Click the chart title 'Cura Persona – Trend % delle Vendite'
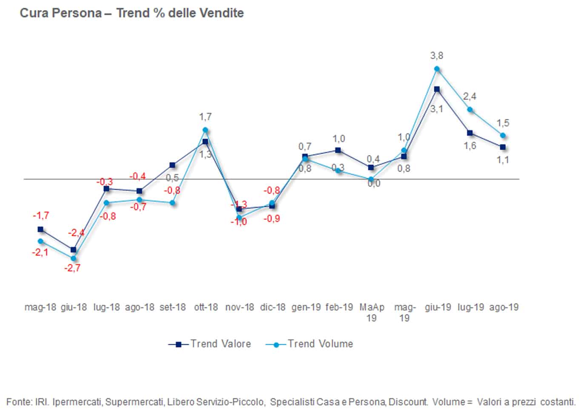pos(132,13)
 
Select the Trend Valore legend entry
pos(209,344)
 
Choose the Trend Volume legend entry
pos(310,344)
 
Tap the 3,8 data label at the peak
pos(437,56)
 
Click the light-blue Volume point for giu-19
pos(437,69)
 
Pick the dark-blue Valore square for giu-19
pos(437,89)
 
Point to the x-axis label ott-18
pos(206,307)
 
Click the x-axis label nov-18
pos(239,307)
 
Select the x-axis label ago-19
pos(504,307)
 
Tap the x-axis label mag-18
pos(40,307)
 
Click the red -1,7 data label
pos(41,216)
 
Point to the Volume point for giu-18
pos(73,258)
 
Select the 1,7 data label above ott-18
pos(205,116)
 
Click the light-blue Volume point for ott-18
pos(205,130)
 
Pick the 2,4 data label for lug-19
pos(470,96)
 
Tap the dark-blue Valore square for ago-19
pos(503,147)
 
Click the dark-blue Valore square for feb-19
pos(338,150)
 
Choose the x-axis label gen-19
pos(306,307)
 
